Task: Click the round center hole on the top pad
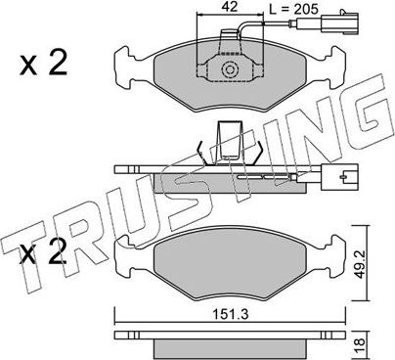pos(232,70)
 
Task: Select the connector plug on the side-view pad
pos(344,180)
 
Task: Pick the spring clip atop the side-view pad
pos(233,143)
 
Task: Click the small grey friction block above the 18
pos(231,347)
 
